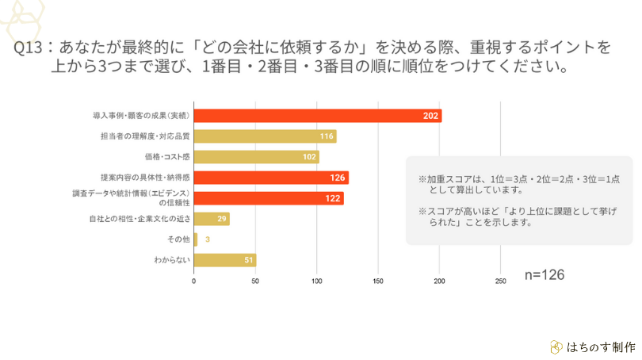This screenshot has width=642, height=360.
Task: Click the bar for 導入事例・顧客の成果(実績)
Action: pyautogui.click(x=317, y=116)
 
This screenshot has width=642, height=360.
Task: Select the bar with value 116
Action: pyautogui.click(x=265, y=136)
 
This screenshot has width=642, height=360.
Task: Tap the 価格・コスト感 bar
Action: pyautogui.click(x=256, y=157)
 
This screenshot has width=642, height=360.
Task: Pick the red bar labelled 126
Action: pyautogui.click(x=271, y=178)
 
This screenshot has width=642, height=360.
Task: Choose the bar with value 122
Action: pyautogui.click(x=269, y=198)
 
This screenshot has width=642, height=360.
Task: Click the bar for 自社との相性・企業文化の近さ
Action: pyautogui.click(x=212, y=219)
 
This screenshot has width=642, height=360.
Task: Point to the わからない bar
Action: pyautogui.click(x=225, y=260)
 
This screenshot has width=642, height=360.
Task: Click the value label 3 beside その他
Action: pyautogui.click(x=207, y=239)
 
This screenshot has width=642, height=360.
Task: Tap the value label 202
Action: pyautogui.click(x=430, y=116)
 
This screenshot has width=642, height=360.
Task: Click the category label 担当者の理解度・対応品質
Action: pyautogui.click(x=150, y=136)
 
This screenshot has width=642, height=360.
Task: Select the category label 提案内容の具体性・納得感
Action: pyautogui.click(x=150, y=178)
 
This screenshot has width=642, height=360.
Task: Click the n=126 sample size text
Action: pyautogui.click(x=545, y=274)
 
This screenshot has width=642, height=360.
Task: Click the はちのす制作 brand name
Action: pyautogui.click(x=601, y=347)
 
